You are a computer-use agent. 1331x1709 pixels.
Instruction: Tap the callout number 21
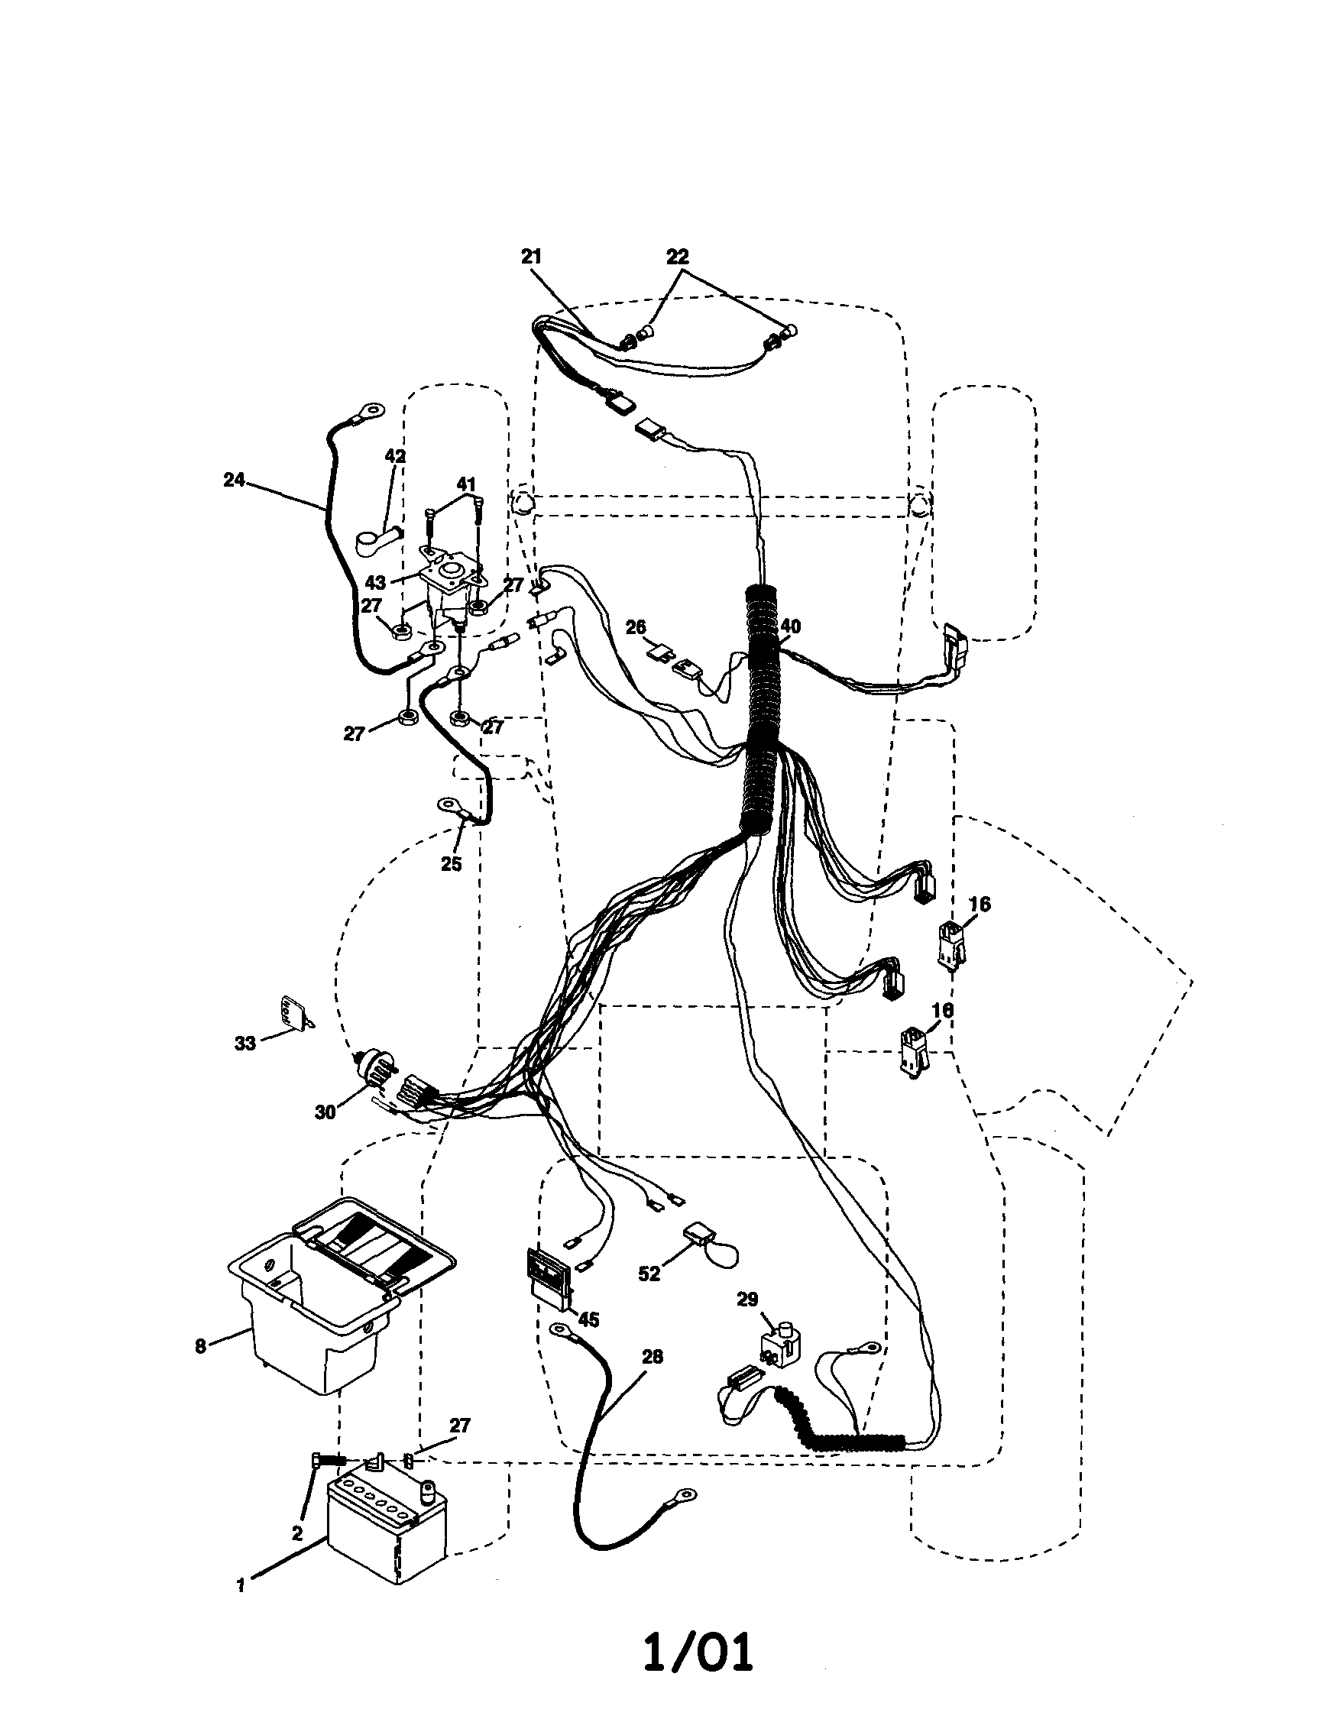(x=531, y=257)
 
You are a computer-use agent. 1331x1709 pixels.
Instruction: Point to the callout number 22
(x=678, y=257)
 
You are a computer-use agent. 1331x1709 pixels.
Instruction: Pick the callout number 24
(x=234, y=480)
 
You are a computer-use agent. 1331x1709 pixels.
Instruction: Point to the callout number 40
(x=790, y=626)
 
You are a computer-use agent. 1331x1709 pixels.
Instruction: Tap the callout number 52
(x=649, y=1273)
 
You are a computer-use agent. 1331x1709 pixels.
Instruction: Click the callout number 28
(x=651, y=1357)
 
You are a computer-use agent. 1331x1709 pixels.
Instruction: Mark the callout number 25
(x=452, y=864)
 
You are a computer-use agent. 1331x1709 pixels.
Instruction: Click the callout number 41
(x=466, y=484)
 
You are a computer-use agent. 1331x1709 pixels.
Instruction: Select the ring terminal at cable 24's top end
(x=372, y=409)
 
